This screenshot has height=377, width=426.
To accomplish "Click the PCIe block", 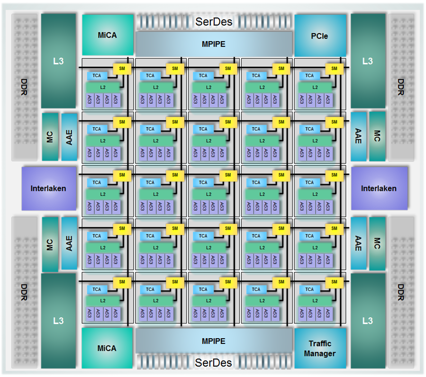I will tap(319, 36).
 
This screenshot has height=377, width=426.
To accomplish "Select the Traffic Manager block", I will tap(320, 348).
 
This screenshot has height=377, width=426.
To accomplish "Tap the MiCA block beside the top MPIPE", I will tap(107, 35).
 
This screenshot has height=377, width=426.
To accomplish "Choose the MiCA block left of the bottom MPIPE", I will tap(107, 348).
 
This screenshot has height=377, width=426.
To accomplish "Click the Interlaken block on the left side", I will tap(48, 188).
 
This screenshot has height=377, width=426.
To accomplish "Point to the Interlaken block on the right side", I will tap(379, 188).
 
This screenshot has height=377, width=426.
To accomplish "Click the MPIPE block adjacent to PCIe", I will tap(214, 44).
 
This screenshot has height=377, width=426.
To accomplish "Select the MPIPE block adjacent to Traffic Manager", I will tap(214, 341).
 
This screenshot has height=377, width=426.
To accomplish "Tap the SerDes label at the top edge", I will tap(214, 22).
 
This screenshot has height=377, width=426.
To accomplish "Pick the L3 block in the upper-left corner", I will tap(58, 61).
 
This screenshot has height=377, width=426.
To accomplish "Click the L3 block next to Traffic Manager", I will tap(368, 321).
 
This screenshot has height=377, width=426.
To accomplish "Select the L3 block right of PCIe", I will tap(368, 61).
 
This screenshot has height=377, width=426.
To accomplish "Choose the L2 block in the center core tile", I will tap(208, 194).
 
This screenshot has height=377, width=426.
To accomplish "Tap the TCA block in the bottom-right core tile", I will tap(309, 289).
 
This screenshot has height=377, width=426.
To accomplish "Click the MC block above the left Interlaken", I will tap(50, 136).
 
